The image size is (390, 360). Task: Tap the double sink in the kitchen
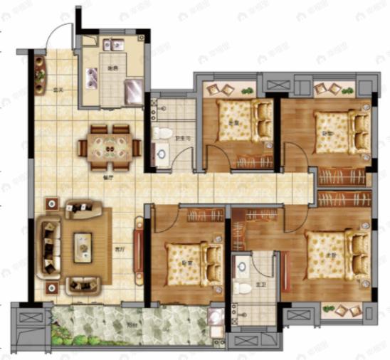pyautogui.click(x=113, y=45)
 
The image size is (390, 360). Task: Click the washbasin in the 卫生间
pyautogui.click(x=159, y=153)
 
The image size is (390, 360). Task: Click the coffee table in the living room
pyautogui.click(x=83, y=246)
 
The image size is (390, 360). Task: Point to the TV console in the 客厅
pyautogui.click(x=138, y=245)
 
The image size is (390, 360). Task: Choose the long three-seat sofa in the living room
pyautogui.click(x=49, y=246)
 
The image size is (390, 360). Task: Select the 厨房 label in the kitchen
pyautogui.click(x=112, y=68)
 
